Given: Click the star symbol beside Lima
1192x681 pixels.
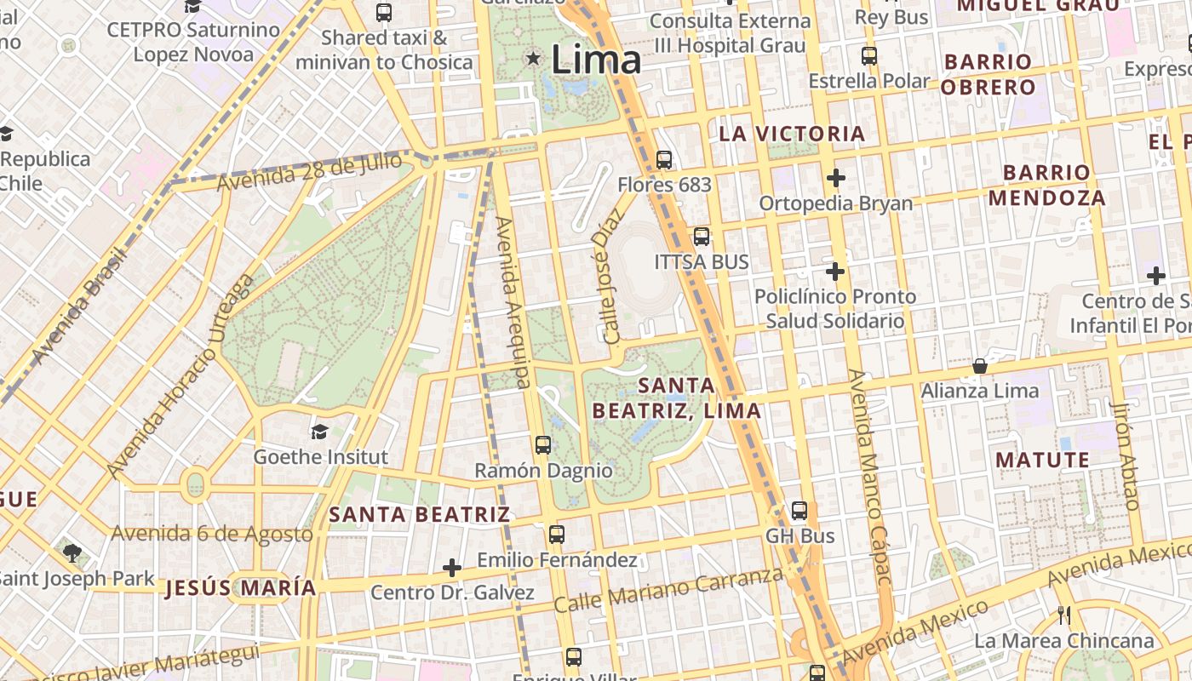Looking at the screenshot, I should pos(533,59).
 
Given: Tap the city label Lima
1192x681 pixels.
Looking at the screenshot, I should pos(595,60).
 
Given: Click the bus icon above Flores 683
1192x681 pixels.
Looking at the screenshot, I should pos(664,159).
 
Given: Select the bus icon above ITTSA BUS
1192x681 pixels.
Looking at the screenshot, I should pos(702,237).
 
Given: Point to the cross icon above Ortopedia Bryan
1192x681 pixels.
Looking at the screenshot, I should pos(835,178).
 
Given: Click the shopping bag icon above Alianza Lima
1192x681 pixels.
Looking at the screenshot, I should pos(980,366).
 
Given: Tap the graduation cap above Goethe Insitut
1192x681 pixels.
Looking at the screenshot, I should pos(319,432).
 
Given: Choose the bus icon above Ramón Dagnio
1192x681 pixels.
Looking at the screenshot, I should pos(542,444).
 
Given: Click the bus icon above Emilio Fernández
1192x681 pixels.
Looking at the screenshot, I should pos(557,535).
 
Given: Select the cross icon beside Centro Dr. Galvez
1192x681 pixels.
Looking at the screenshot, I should pos(452,567).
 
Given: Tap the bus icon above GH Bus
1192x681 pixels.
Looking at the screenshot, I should pos(799,511).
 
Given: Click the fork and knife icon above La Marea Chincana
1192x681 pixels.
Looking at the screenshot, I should pos(1063,615).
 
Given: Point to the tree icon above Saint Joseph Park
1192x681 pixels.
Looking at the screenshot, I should pos(72,553).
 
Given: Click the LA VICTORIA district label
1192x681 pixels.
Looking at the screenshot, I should pos(792,134).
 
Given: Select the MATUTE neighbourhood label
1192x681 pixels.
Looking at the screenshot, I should pos(1042,461).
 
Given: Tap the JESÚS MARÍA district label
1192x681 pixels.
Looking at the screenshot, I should pos(241,587).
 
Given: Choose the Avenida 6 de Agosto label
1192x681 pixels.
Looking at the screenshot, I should pos(212,534).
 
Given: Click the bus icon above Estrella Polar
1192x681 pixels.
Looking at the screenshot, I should pos(868,56).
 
